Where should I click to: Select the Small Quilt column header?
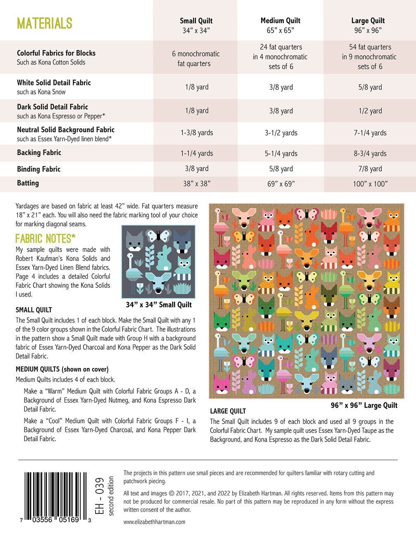coord(196,21)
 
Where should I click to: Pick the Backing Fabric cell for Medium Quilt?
coord(281,154)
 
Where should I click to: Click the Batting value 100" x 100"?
coord(370,184)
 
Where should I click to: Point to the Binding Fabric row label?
coord(38,169)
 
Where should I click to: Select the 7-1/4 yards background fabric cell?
coord(370,133)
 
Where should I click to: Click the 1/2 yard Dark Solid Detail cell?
coord(370,111)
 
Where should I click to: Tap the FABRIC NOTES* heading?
coord(46,238)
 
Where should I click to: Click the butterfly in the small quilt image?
coord(159,236)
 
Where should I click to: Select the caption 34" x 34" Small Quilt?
coord(159,305)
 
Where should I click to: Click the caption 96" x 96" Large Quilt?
coord(364,405)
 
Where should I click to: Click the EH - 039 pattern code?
coord(99,496)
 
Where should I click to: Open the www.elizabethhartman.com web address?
coord(154,522)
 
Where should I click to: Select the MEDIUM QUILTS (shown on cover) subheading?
coord(62,369)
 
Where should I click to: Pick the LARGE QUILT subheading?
coord(228,411)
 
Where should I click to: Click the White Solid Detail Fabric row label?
coord(54,83)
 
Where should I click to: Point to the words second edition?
coord(111,496)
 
